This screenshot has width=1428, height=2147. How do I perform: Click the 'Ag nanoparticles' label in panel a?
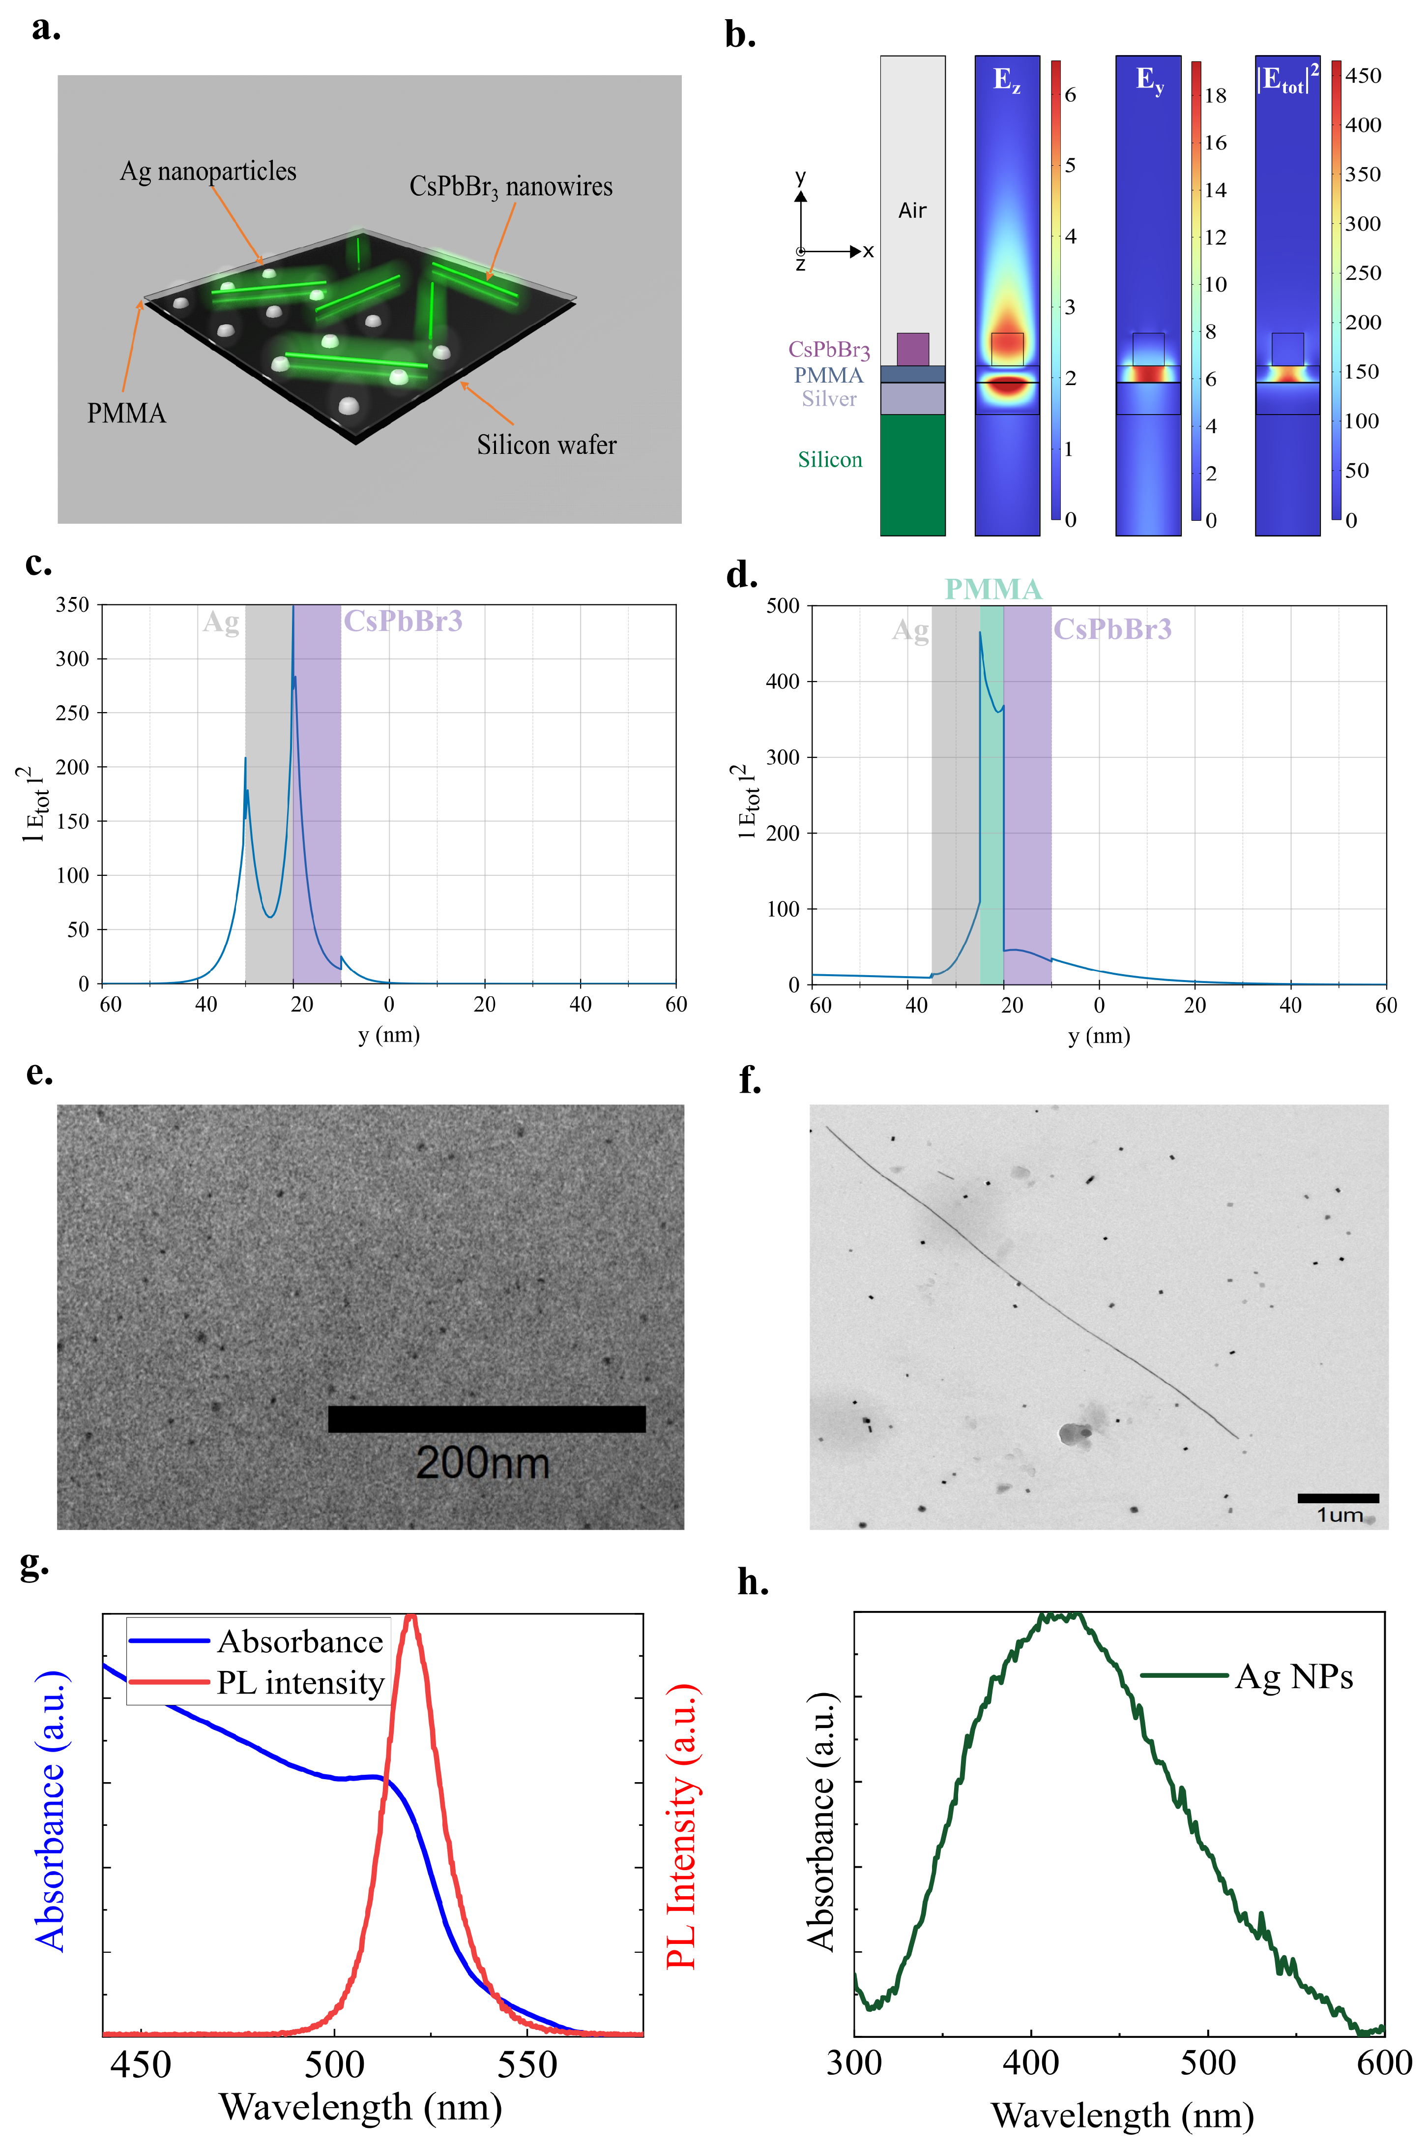click(x=208, y=171)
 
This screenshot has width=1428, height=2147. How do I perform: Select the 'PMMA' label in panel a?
click(x=127, y=414)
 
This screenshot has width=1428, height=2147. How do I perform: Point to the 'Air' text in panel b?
click(x=912, y=210)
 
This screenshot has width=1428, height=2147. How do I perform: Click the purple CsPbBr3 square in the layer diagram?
click(x=912, y=349)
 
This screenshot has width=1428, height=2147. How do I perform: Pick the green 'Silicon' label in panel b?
click(x=830, y=460)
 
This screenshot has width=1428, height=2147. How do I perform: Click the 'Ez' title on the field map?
click(x=1006, y=80)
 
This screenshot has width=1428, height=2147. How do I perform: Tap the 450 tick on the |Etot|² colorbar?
click(x=1363, y=76)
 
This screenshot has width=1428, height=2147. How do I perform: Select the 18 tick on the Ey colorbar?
click(x=1215, y=95)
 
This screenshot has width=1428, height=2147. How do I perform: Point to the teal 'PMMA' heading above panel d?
click(x=992, y=589)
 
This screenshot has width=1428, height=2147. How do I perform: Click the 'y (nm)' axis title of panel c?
click(x=389, y=1035)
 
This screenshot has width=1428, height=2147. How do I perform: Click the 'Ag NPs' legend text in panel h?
click(x=1293, y=1676)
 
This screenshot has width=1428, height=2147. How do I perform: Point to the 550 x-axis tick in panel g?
click(x=527, y=2064)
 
